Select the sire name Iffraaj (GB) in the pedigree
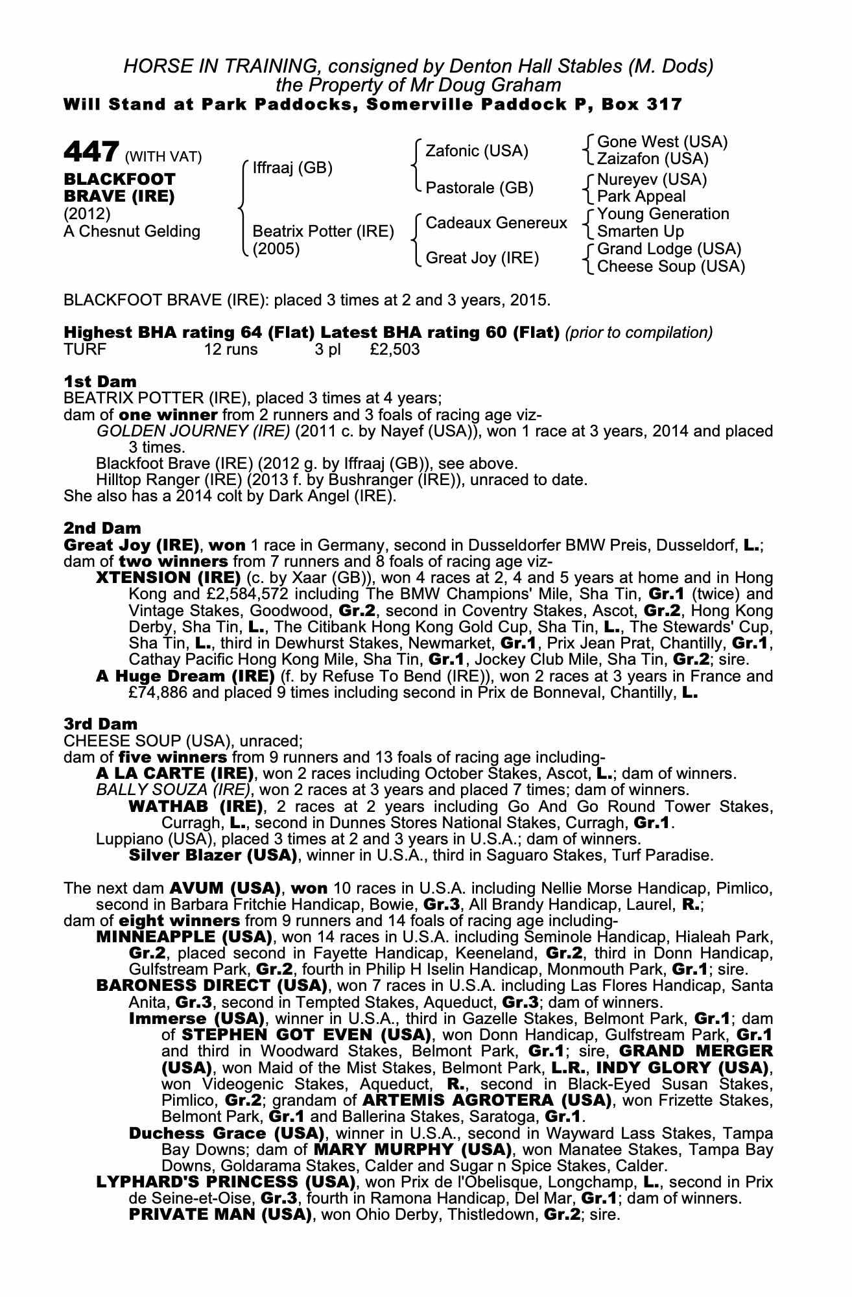click(x=292, y=168)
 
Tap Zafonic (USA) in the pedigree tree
click(x=477, y=151)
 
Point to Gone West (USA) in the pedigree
click(x=662, y=142)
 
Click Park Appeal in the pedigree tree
click(x=641, y=196)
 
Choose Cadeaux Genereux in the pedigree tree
click(x=496, y=223)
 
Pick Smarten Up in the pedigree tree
click(x=640, y=232)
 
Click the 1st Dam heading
click(x=100, y=381)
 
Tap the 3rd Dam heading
click(x=101, y=724)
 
